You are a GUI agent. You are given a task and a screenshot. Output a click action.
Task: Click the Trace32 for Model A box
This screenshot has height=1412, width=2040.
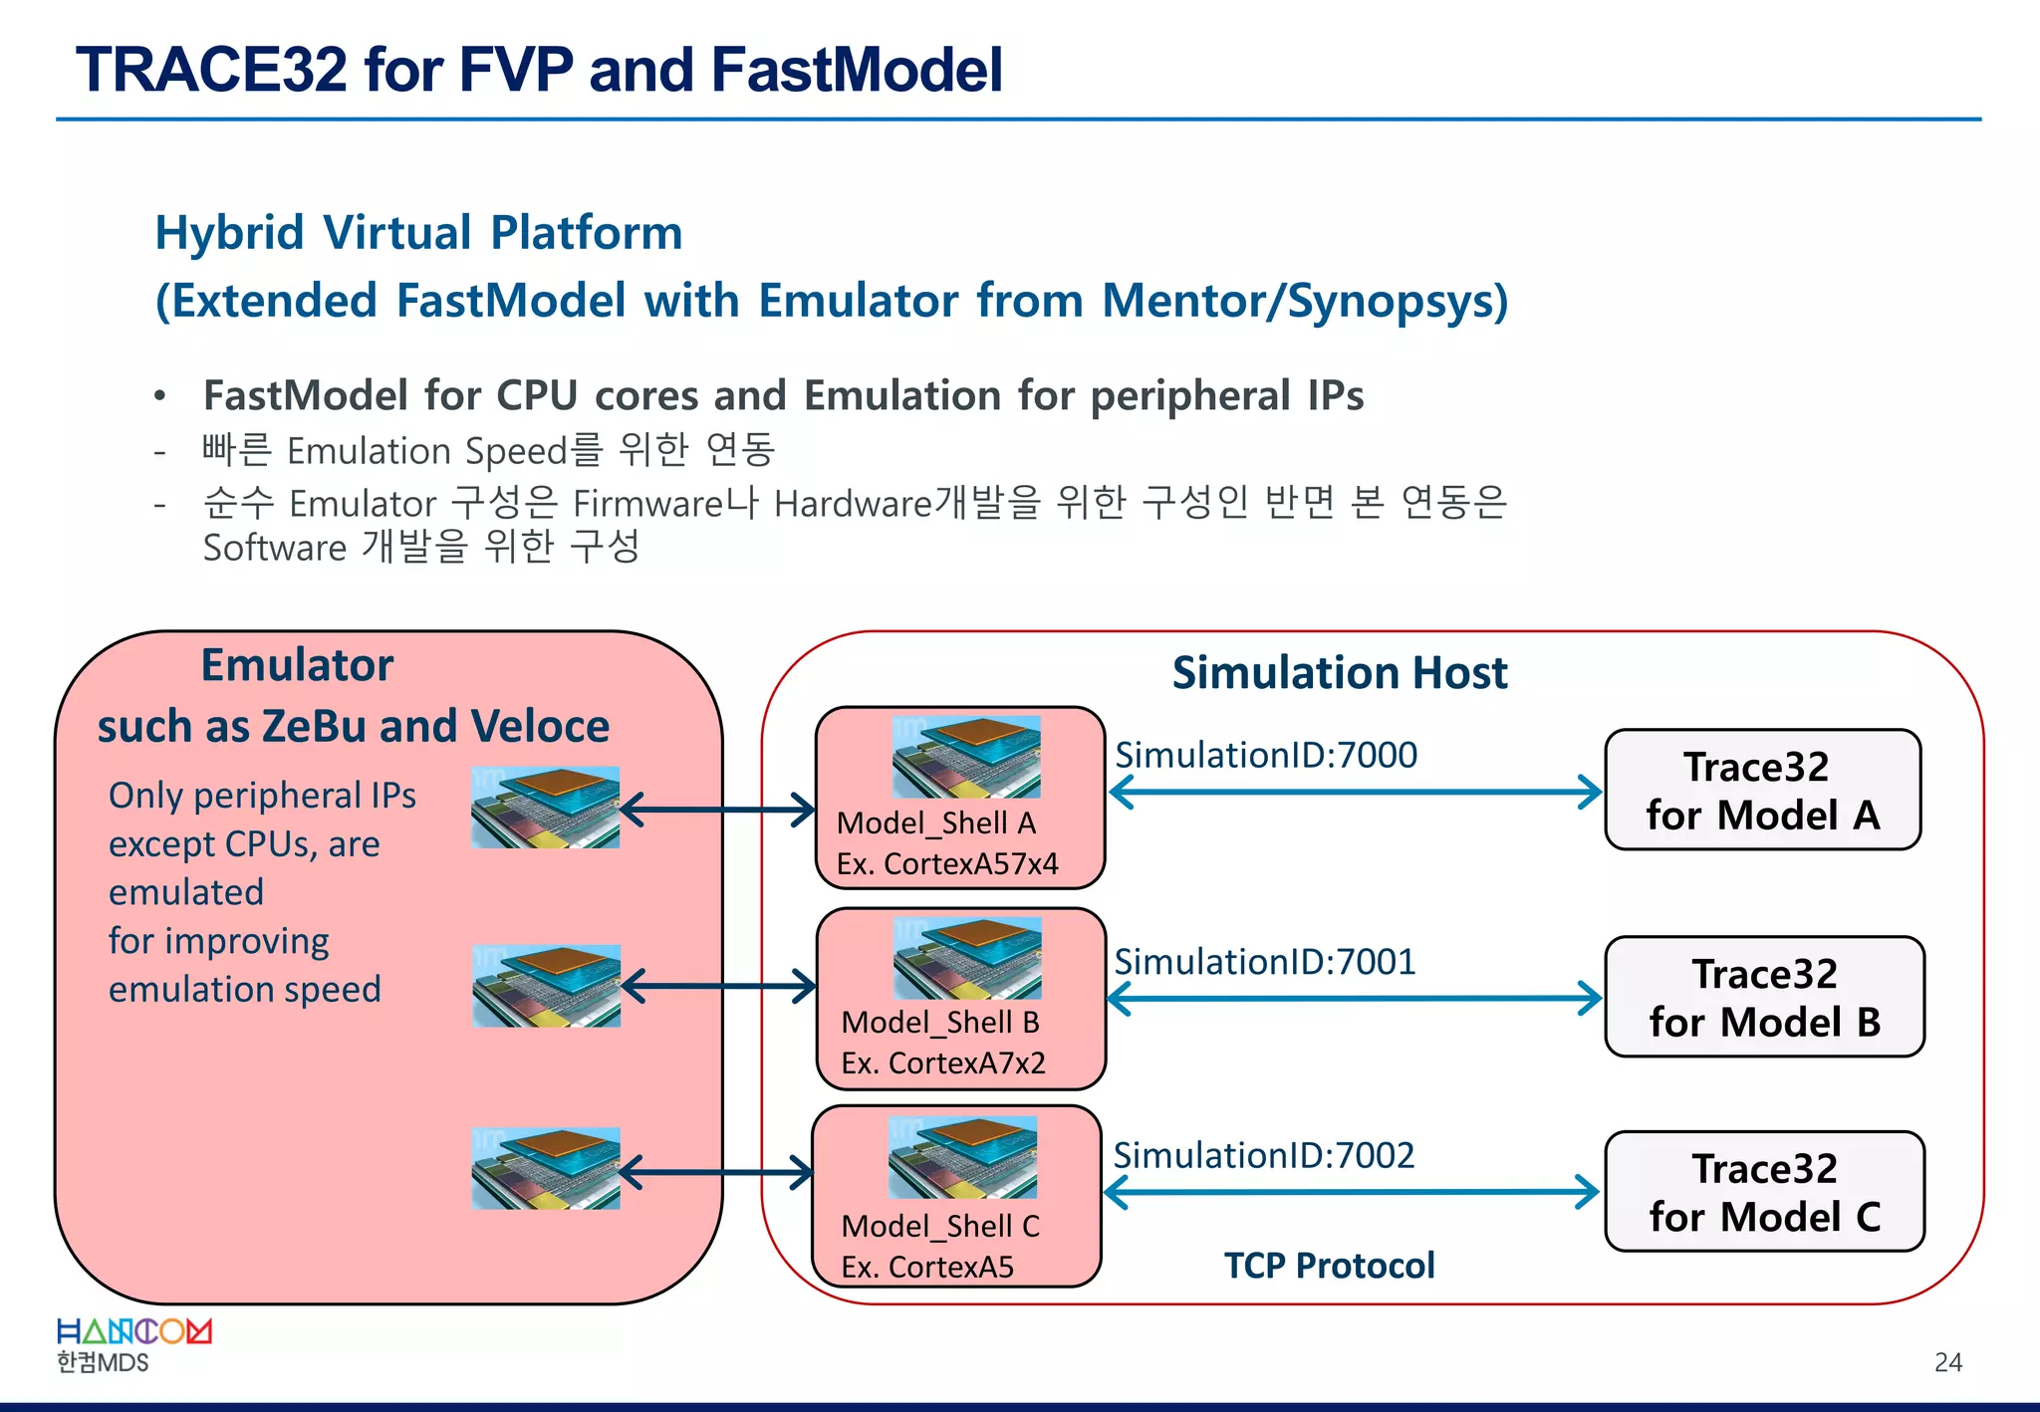(x=1762, y=790)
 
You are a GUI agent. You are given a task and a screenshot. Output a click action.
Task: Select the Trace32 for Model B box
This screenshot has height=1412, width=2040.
(x=1764, y=997)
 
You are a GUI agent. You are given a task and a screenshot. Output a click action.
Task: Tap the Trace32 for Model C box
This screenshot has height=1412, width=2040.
(x=1764, y=1191)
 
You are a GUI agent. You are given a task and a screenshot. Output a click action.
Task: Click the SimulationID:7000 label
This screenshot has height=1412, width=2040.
(x=1265, y=755)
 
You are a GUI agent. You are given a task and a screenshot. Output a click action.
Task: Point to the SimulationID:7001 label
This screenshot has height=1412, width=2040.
(x=1264, y=961)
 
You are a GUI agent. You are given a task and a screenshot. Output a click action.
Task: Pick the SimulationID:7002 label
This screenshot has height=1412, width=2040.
(x=1263, y=1155)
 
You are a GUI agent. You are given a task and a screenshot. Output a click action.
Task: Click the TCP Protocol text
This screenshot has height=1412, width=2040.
(x=1329, y=1266)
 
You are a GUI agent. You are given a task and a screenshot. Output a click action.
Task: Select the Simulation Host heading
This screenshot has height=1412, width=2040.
(x=1339, y=673)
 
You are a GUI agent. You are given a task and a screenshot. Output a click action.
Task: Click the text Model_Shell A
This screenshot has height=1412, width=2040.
(x=935, y=824)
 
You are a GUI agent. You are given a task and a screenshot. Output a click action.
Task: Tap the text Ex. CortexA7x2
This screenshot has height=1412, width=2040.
(x=942, y=1062)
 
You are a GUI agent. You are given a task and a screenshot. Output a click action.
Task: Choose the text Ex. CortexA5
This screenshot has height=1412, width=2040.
(x=926, y=1267)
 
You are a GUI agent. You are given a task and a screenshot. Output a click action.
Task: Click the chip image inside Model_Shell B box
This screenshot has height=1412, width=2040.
(x=967, y=958)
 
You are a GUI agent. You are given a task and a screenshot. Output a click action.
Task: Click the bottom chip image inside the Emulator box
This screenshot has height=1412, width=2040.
(x=546, y=1169)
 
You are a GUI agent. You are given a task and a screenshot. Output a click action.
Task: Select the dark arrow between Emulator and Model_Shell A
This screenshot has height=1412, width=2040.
(x=717, y=810)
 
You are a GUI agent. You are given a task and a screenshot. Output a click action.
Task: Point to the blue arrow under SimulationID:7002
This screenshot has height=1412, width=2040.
(x=1352, y=1192)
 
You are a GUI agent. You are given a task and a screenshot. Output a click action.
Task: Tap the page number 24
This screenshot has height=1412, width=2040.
(x=1947, y=1362)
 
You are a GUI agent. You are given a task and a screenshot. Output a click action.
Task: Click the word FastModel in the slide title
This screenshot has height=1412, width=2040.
(x=856, y=70)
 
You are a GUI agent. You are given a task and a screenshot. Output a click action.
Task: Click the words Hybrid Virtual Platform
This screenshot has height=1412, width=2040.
(x=418, y=233)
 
